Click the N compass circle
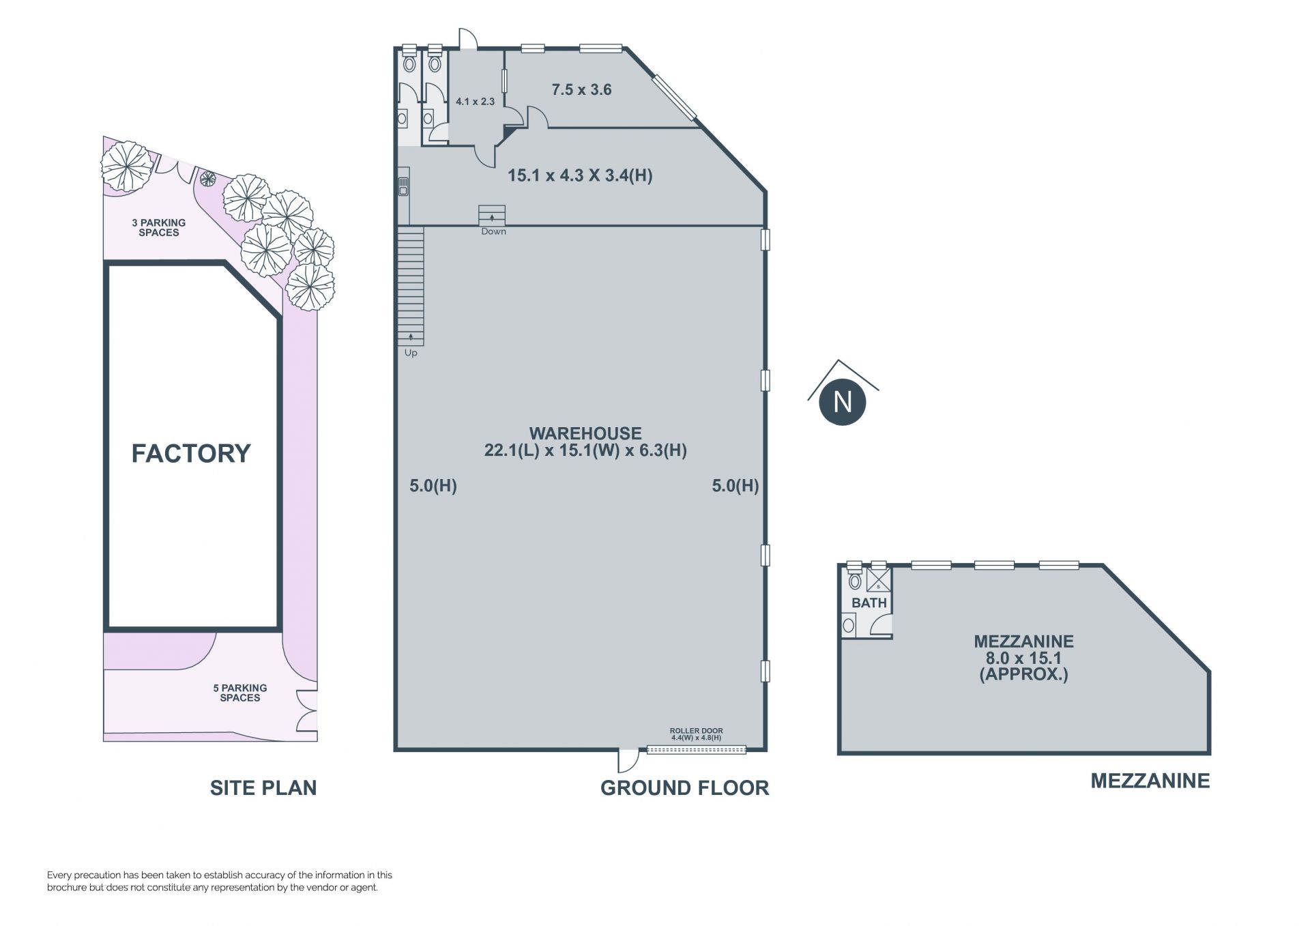(x=842, y=401)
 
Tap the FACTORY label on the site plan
(x=191, y=453)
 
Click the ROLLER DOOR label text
(x=696, y=730)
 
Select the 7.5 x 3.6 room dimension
(x=581, y=89)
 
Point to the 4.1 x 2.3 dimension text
(x=475, y=102)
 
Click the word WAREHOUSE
(x=585, y=433)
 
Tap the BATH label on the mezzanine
(x=869, y=603)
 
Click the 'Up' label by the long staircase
(x=411, y=353)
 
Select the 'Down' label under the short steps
(x=493, y=231)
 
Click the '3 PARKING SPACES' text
(x=159, y=227)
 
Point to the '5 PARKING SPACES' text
(x=240, y=693)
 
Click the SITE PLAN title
(x=263, y=787)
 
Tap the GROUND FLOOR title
(x=684, y=787)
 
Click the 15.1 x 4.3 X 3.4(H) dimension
(x=580, y=175)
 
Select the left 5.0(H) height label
(x=433, y=486)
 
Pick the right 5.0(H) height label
(x=735, y=486)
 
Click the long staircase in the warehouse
(x=411, y=286)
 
